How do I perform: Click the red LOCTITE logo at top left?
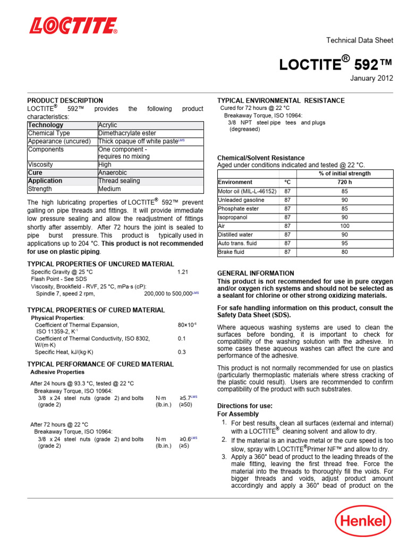(73, 25)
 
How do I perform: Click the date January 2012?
(371, 78)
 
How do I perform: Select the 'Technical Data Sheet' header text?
(359, 40)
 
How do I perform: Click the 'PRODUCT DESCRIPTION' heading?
(65, 100)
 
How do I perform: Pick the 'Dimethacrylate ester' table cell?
(127, 133)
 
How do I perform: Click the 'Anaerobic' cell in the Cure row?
(113, 173)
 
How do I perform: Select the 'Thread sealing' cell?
(119, 181)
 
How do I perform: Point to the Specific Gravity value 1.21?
(183, 272)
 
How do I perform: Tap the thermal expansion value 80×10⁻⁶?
(186, 325)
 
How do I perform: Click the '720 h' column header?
(344, 182)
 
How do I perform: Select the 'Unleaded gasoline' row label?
(241, 200)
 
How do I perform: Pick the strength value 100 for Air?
(344, 226)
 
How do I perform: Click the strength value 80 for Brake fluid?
(344, 252)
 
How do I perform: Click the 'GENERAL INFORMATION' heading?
(256, 273)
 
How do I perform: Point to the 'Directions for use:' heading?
(245, 406)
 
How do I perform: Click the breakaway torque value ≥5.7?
(185, 398)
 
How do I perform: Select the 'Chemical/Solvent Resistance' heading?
(261, 158)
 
